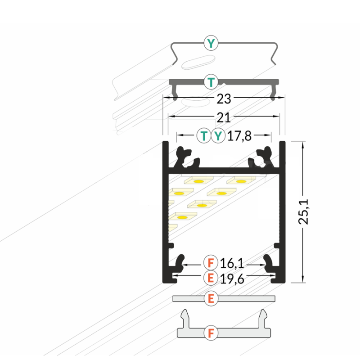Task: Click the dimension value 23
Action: click(224, 99)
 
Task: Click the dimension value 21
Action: click(223, 118)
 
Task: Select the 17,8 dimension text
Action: click(239, 136)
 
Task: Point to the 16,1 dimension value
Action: click(232, 263)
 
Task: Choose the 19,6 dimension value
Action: click(232, 279)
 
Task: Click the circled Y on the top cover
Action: click(211, 43)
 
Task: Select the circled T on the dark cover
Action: click(211, 82)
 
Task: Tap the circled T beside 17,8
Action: click(204, 136)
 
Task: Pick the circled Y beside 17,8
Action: click(218, 136)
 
